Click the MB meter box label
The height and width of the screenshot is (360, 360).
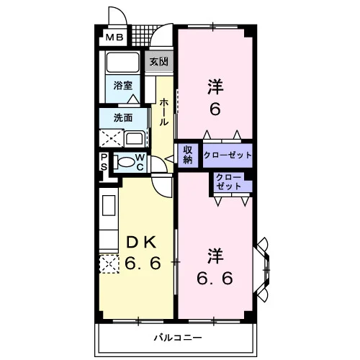[x=114, y=37]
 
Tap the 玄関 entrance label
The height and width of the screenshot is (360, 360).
[x=158, y=62]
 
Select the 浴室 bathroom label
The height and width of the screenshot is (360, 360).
[x=123, y=86]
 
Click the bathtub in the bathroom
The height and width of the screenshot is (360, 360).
[x=122, y=62]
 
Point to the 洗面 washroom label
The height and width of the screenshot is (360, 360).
[x=123, y=117]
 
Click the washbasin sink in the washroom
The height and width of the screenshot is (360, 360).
[x=135, y=138]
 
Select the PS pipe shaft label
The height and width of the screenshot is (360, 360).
[x=104, y=162]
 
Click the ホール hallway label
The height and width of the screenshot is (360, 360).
[x=164, y=112]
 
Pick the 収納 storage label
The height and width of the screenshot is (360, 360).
[x=188, y=155]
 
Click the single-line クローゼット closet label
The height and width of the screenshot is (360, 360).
[x=228, y=155]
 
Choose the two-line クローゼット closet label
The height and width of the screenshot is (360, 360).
[x=229, y=182]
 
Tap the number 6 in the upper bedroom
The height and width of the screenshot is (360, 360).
[x=215, y=109]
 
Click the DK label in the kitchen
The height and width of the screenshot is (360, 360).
[x=142, y=242]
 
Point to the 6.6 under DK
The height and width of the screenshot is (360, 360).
[x=143, y=263]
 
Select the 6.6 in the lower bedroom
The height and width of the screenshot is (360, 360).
[x=215, y=278]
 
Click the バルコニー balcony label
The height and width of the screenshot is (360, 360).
[x=178, y=338]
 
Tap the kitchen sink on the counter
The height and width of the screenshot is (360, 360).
[x=109, y=205]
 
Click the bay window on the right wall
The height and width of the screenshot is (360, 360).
[x=261, y=270]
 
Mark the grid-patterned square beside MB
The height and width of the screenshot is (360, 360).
[x=142, y=35]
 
